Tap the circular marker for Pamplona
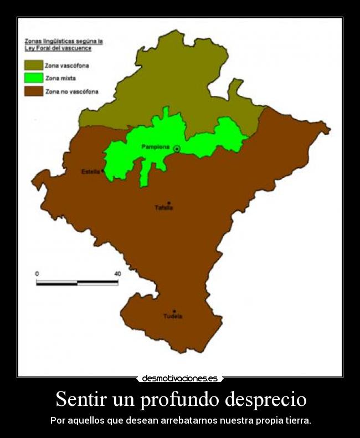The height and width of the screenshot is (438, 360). [x=177, y=149]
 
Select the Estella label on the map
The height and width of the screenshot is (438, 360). [x=90, y=172]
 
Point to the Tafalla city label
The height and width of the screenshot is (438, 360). [x=163, y=208]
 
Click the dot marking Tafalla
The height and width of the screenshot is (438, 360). [x=168, y=202]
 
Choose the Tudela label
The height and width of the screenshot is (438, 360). [x=173, y=317]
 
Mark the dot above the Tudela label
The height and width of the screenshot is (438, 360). [x=174, y=311]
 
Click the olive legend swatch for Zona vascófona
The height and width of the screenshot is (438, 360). [x=33, y=65]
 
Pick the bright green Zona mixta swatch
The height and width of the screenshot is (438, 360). [x=33, y=78]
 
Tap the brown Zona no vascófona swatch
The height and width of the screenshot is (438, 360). [x=33, y=91]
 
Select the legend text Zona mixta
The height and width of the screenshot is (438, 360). [x=60, y=78]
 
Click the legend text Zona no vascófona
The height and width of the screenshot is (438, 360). [x=72, y=91]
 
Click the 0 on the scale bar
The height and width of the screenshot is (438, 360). [x=37, y=274]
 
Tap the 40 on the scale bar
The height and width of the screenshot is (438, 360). [x=117, y=274]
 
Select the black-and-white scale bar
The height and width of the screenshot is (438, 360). [x=77, y=283]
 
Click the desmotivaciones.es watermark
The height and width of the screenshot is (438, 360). [x=180, y=379]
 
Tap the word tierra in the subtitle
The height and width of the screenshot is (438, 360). [x=298, y=420]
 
